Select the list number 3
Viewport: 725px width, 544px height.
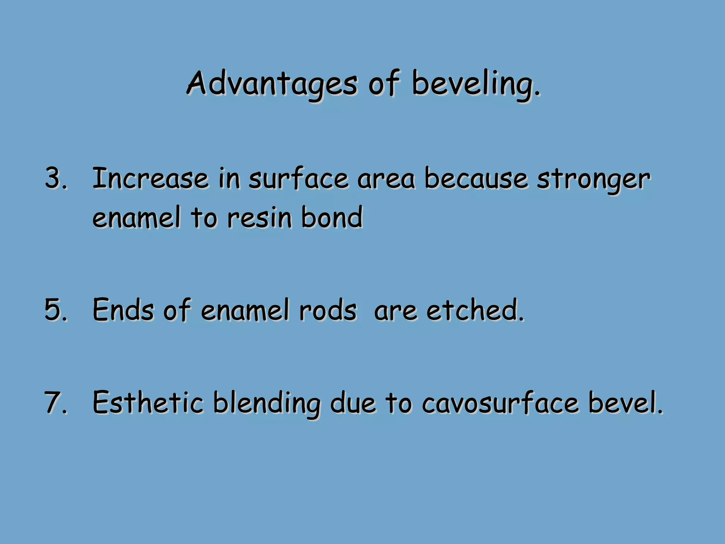point(56,178)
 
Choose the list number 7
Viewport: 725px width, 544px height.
point(56,403)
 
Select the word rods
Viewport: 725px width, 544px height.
point(328,310)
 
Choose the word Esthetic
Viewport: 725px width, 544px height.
point(148,403)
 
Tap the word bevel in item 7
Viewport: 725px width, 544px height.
point(625,403)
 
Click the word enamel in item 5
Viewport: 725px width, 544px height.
point(245,310)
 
